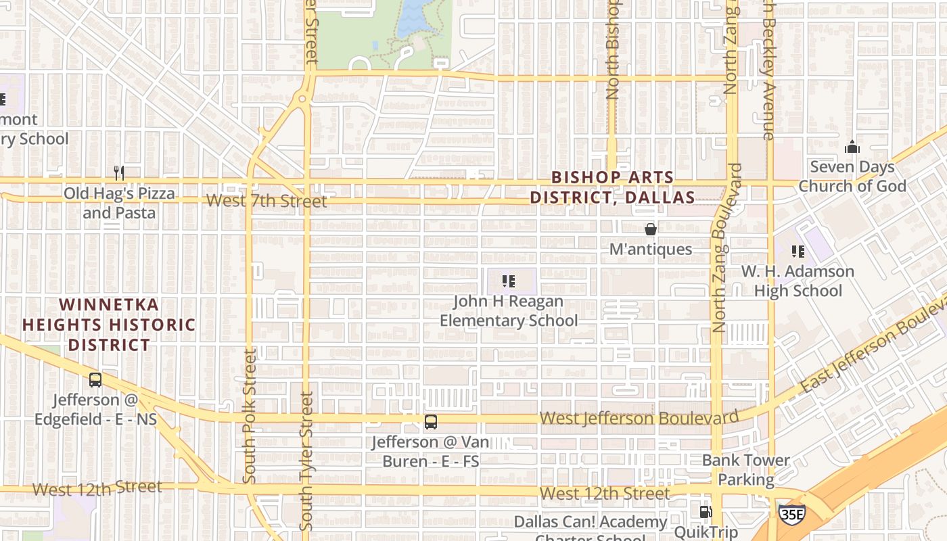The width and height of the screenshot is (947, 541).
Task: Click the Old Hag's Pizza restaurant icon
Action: tap(119, 173)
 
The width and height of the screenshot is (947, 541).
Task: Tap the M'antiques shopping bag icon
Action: tap(651, 230)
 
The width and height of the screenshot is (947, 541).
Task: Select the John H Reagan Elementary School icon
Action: tap(509, 281)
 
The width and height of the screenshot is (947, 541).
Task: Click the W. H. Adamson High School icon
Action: tap(798, 252)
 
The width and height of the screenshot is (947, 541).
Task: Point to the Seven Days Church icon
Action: tap(852, 147)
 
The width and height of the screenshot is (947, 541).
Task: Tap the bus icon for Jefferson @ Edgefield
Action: tap(95, 380)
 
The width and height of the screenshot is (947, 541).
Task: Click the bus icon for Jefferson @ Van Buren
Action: tap(430, 422)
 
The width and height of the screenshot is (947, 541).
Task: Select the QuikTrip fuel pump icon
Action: tap(706, 512)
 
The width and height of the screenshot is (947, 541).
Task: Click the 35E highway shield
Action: tap(791, 513)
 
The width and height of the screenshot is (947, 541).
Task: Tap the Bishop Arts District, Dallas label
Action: tap(612, 187)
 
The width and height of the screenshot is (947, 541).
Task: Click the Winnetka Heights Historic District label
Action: tap(109, 325)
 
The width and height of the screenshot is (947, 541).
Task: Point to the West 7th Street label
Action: tap(267, 201)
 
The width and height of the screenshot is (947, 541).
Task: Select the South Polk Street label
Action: tap(249, 416)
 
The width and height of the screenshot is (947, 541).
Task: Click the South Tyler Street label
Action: tap(306, 461)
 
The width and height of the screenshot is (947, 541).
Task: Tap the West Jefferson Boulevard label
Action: tap(639, 418)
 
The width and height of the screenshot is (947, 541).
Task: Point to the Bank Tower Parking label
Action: tap(745, 470)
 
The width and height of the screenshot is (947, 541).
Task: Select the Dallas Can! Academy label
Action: tap(591, 522)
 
